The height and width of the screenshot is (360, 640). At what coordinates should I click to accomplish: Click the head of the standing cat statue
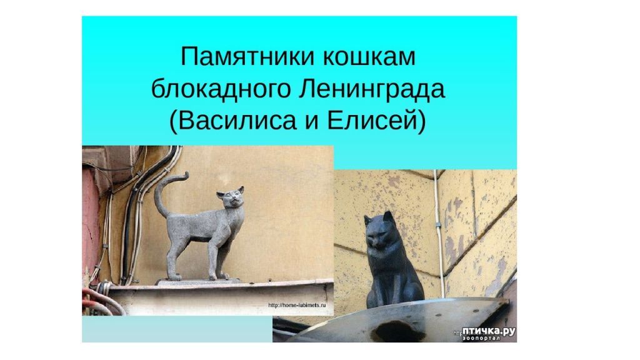click(x=231, y=197)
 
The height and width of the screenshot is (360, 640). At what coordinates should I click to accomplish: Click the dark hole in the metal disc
click(x=387, y=327)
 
